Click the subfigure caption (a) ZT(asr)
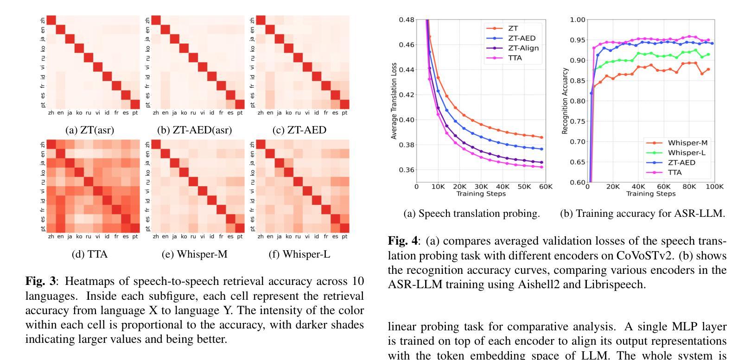tap(90, 130)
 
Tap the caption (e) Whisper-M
tap(194, 254)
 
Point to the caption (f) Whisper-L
tap(299, 254)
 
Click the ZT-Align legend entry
tap(523, 48)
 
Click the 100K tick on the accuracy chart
tap(714, 187)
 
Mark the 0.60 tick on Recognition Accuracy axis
tap(578, 183)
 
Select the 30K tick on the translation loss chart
tap(481, 187)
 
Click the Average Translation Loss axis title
tap(394, 101)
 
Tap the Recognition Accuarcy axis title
tap(565, 101)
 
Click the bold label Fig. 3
tap(40, 281)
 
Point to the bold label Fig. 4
tap(403, 241)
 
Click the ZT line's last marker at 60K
tap(541, 137)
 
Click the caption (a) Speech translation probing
tap(471, 214)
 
